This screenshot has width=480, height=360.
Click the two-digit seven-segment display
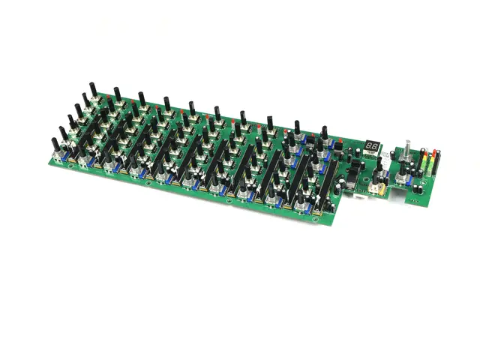pyautogui.click(x=371, y=145)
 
